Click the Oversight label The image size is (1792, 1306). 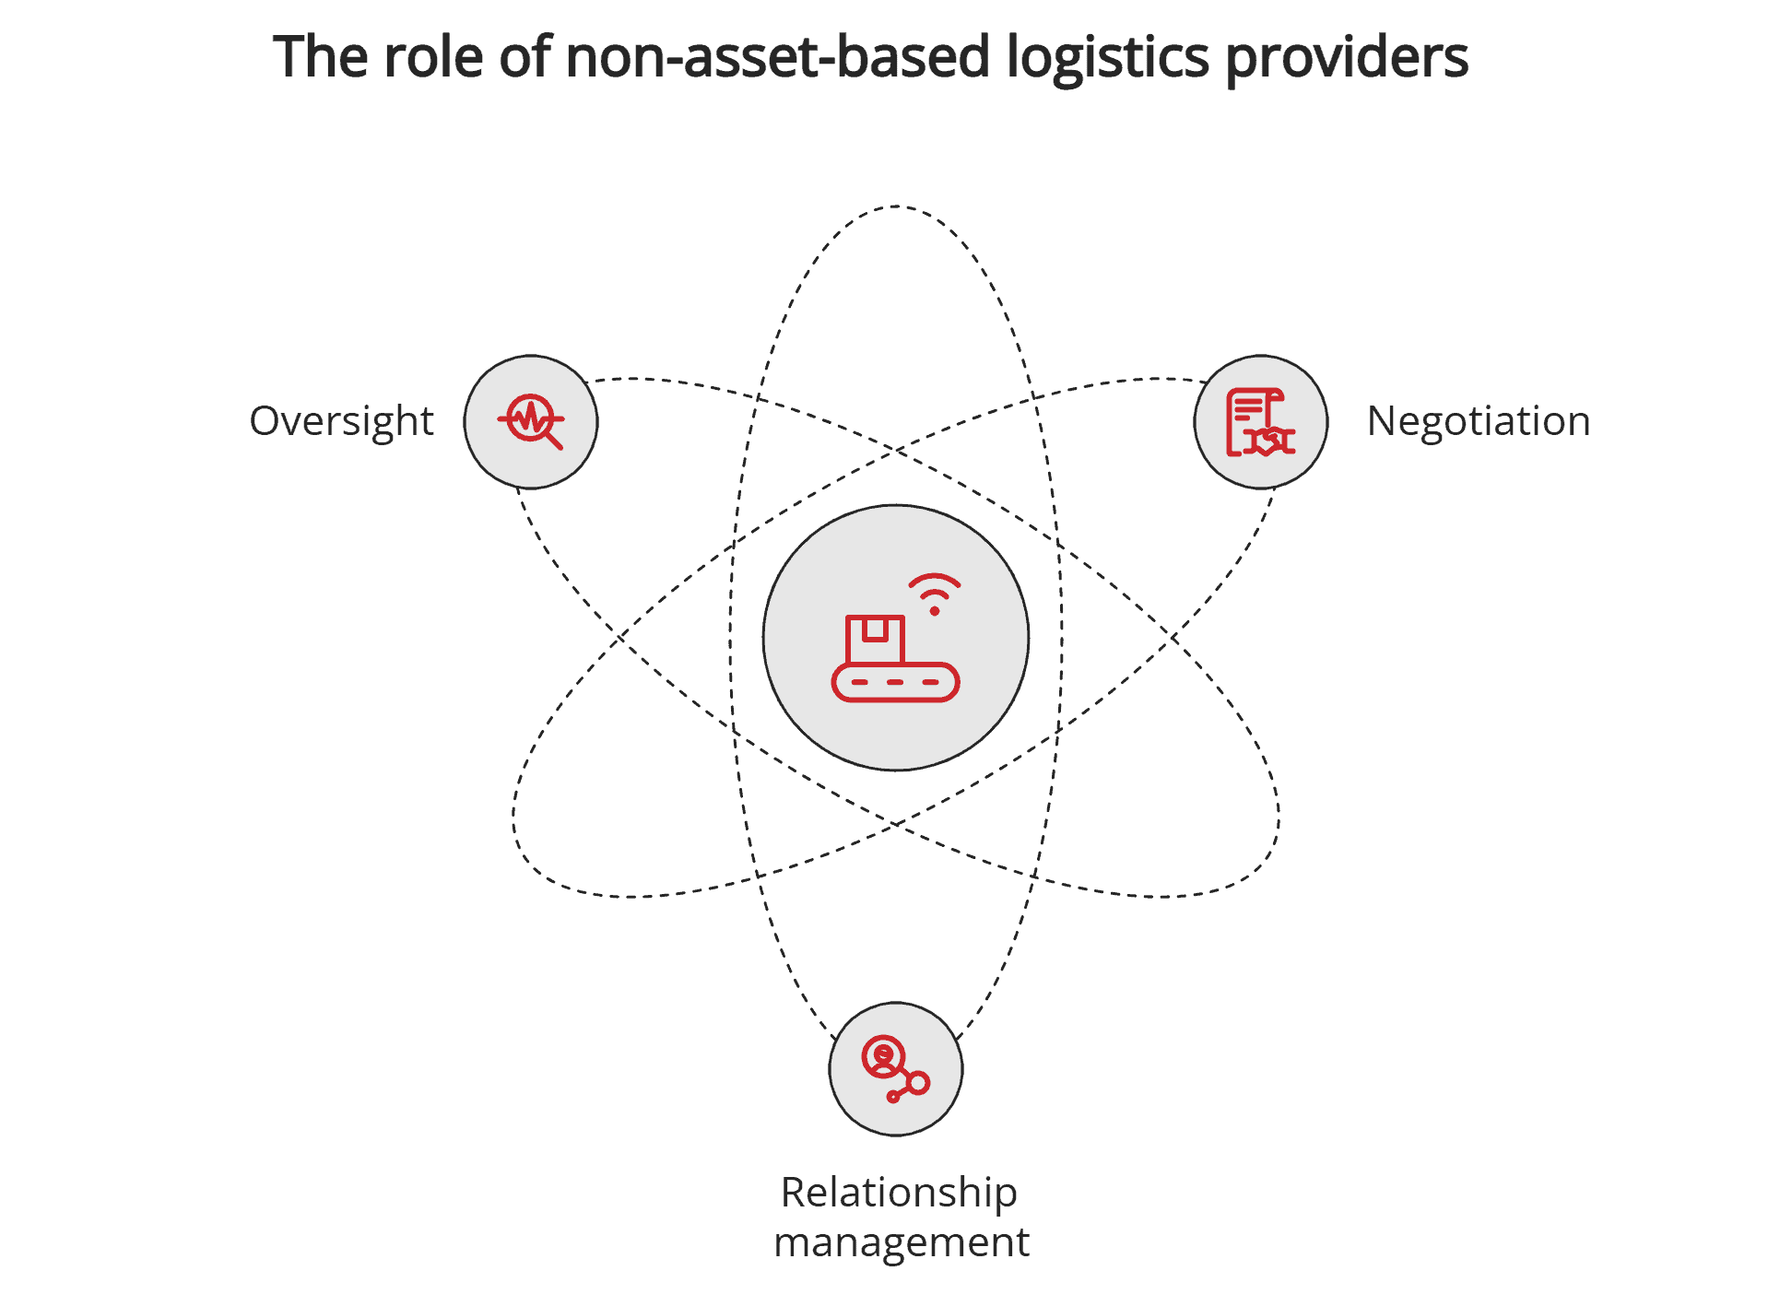click(x=341, y=421)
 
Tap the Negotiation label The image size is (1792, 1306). click(x=1478, y=421)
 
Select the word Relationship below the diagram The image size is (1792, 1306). click(x=898, y=1192)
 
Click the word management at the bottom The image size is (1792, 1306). click(x=901, y=1242)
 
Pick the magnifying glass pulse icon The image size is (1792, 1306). click(x=531, y=421)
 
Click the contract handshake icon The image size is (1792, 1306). click(x=1260, y=422)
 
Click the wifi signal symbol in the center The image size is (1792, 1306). click(x=934, y=590)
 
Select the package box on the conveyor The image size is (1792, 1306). click(x=875, y=639)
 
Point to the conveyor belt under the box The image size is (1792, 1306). click(x=895, y=683)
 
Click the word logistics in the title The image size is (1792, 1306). click(x=1107, y=57)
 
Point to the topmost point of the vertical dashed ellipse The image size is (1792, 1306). click(x=896, y=206)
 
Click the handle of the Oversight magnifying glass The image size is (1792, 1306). click(x=554, y=441)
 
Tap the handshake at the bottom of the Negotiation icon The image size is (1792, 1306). click(x=1270, y=441)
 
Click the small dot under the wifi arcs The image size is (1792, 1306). click(x=934, y=610)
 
